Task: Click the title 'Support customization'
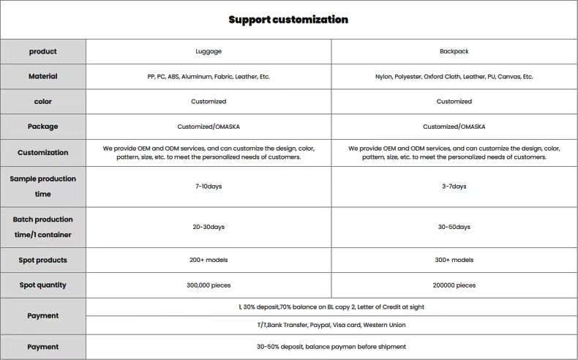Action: click(x=288, y=20)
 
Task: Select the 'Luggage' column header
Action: click(x=209, y=51)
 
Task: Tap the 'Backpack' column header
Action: click(x=454, y=51)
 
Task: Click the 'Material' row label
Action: click(x=43, y=76)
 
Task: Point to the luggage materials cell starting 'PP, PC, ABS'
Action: click(x=209, y=76)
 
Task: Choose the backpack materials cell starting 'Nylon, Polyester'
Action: click(x=454, y=76)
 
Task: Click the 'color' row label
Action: click(x=43, y=101)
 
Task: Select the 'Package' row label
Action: click(x=43, y=127)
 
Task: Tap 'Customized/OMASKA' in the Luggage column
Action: click(x=209, y=127)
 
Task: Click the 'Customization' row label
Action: click(x=43, y=152)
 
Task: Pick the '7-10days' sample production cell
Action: click(x=209, y=187)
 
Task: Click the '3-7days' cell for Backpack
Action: click(x=454, y=187)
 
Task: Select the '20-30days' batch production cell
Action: click(x=209, y=227)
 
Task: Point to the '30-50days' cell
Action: click(x=454, y=227)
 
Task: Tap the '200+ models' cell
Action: click(x=209, y=260)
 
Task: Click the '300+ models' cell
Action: click(x=454, y=260)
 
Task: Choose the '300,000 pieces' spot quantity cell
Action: click(x=209, y=285)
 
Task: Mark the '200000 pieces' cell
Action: click(x=454, y=285)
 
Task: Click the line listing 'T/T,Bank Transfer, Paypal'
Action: click(x=331, y=325)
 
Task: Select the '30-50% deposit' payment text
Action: click(x=331, y=347)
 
